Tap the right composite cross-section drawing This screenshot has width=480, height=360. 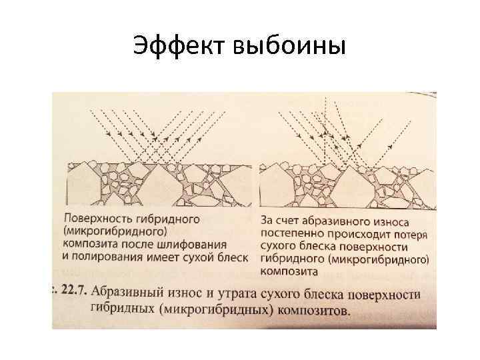click(347, 185)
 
